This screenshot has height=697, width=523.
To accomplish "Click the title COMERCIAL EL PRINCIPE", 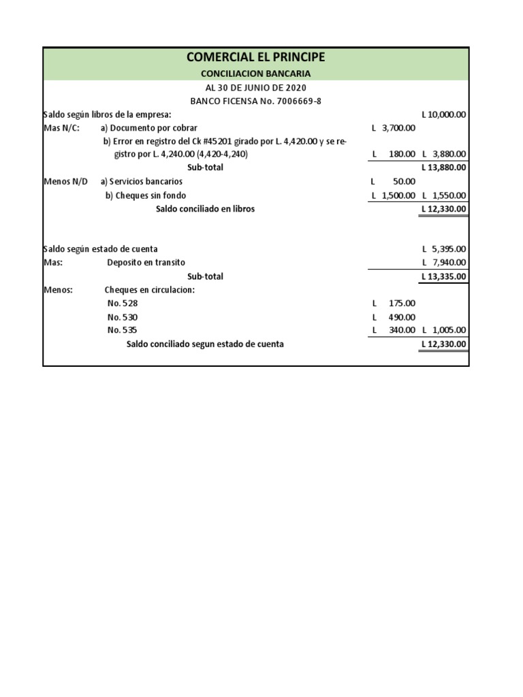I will click(255, 57).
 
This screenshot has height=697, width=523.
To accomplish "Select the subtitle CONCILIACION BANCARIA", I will click(255, 74).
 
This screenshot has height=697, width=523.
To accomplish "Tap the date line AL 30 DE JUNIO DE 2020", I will click(255, 88).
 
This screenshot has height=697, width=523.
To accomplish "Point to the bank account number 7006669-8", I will click(299, 101).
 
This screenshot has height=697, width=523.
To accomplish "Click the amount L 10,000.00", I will click(444, 114).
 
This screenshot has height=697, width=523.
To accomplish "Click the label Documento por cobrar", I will click(149, 128).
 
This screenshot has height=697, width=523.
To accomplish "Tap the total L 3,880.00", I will click(444, 155).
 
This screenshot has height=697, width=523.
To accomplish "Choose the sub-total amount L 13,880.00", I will click(444, 167).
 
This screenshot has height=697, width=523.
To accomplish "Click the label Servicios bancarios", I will click(141, 182).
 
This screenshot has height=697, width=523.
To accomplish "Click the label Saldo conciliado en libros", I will click(205, 209).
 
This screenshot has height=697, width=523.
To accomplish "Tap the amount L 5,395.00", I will click(444, 249).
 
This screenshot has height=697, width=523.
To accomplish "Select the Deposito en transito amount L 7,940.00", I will click(444, 263).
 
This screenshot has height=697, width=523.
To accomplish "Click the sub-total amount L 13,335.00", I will click(444, 276).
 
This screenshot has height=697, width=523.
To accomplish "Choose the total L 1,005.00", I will click(444, 330).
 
